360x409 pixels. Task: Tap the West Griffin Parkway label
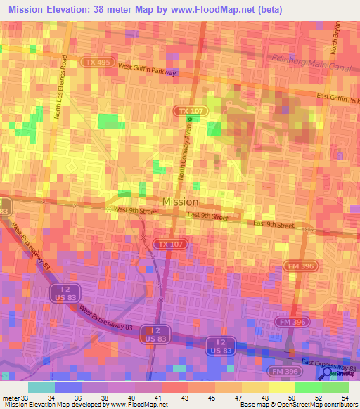point(148,69)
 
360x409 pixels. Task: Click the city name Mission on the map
point(180,202)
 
